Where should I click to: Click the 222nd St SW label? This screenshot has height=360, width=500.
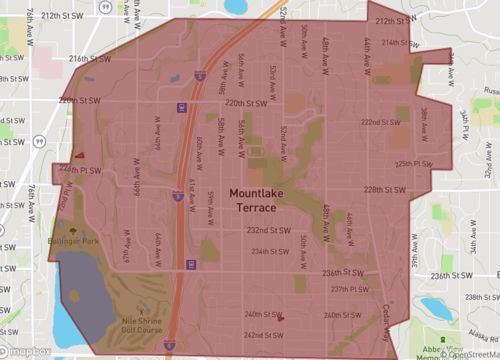point(380,122)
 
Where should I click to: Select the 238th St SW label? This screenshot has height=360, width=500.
point(478,297)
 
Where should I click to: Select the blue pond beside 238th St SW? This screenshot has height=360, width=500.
point(437,308)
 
